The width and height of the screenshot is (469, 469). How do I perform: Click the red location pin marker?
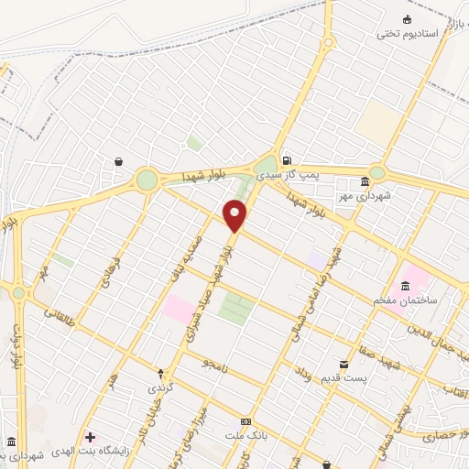point(234,216)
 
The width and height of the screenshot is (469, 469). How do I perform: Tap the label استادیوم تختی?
point(408,34)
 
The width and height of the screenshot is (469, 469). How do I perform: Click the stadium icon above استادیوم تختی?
point(408,19)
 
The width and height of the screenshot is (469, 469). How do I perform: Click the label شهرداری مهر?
point(364,195)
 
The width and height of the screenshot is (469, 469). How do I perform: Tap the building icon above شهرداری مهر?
point(365,180)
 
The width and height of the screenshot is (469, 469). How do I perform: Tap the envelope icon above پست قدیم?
point(344,364)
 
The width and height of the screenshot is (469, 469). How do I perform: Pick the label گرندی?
point(161,387)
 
